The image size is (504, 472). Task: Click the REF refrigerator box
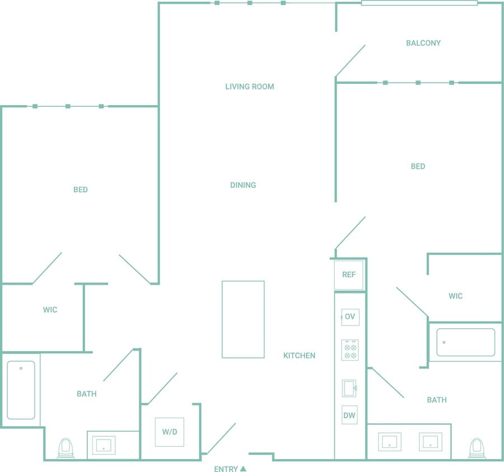(x=349, y=275)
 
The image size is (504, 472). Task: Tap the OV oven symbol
(x=350, y=317)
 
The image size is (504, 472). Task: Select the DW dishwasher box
(x=350, y=415)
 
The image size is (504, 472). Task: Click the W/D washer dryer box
(x=169, y=432)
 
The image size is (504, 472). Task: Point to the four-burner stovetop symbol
(x=350, y=350)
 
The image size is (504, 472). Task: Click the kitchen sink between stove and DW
(x=350, y=388)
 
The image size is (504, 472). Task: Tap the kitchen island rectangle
(x=243, y=319)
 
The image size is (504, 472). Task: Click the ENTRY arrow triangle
(x=243, y=469)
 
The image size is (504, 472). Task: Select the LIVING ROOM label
(x=249, y=87)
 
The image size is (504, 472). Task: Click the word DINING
(x=243, y=185)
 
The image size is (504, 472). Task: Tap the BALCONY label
(x=423, y=43)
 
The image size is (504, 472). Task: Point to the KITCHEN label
(x=299, y=356)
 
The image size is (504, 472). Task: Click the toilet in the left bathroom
(x=66, y=448)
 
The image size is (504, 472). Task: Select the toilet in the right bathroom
(x=477, y=448)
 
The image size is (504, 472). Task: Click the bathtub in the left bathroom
(x=21, y=390)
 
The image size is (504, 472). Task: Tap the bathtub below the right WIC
(x=465, y=342)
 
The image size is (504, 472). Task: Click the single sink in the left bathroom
(x=103, y=445)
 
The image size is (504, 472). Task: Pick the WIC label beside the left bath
(x=50, y=310)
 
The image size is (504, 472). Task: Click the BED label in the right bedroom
(x=418, y=166)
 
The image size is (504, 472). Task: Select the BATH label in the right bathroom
(x=437, y=400)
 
